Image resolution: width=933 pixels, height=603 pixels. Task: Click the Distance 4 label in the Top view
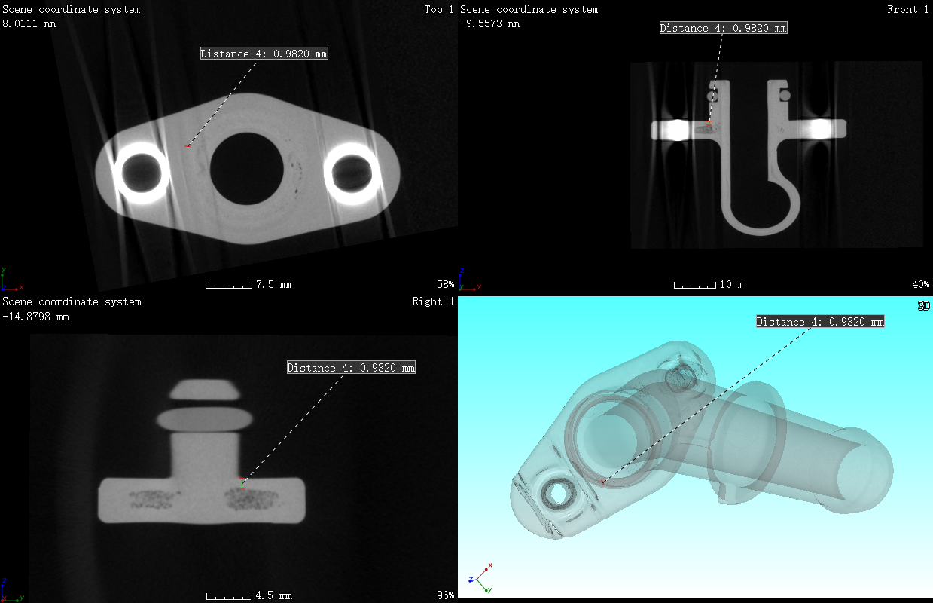click(264, 54)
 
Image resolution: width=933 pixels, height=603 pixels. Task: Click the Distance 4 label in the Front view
click(724, 28)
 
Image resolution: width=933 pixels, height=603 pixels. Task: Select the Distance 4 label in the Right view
click(351, 367)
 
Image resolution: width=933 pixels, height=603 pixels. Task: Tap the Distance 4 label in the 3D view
click(820, 322)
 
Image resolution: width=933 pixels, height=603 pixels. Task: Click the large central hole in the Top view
click(247, 169)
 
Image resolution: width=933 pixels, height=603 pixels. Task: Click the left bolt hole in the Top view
click(142, 173)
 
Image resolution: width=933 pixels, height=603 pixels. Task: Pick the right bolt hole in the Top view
click(352, 173)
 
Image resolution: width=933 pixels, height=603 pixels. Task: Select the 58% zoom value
click(445, 284)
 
